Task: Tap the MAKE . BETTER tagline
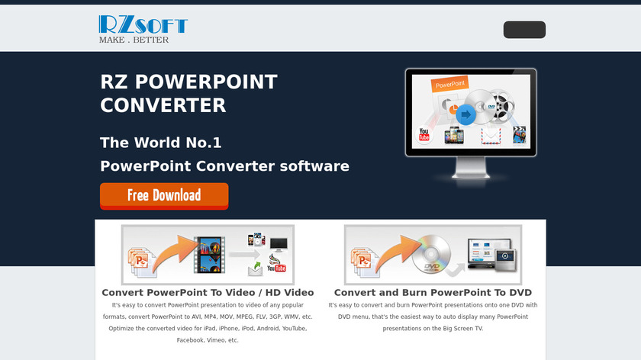tap(134, 40)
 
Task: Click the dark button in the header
tap(524, 30)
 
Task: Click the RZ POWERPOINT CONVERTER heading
tap(189, 94)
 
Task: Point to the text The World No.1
tap(161, 143)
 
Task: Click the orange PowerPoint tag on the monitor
tap(449, 84)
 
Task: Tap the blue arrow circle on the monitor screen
tap(465, 115)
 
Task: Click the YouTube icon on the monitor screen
tap(424, 134)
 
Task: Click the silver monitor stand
tap(471, 168)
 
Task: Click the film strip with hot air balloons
tap(209, 255)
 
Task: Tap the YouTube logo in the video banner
tap(277, 268)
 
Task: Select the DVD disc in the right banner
tap(431, 254)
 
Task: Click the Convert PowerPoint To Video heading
tap(208, 293)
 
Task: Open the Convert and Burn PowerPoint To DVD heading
tap(433, 293)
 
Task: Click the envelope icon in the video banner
tap(256, 269)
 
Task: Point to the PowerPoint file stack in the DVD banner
tap(361, 261)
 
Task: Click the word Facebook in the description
tap(190, 340)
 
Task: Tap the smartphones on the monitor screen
tap(454, 135)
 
